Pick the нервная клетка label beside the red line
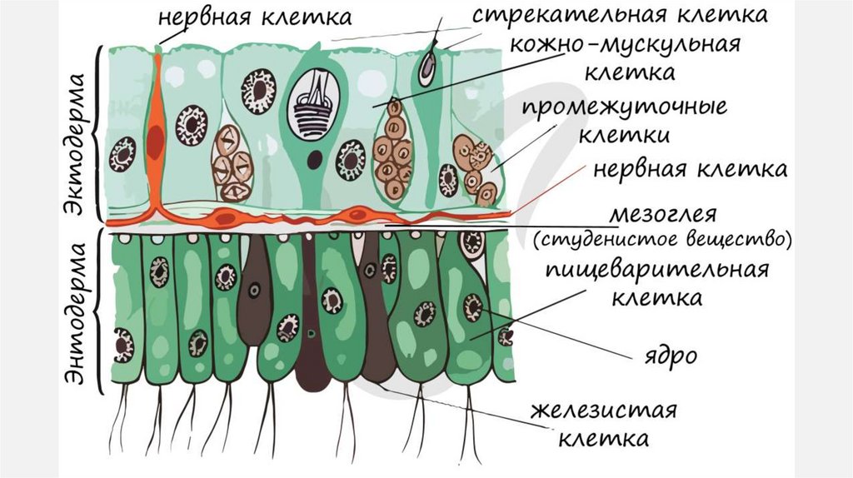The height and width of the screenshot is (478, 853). coord(690,170)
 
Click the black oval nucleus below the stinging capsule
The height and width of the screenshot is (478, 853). coord(315,158)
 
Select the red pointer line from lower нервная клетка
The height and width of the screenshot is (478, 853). coord(550,197)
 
